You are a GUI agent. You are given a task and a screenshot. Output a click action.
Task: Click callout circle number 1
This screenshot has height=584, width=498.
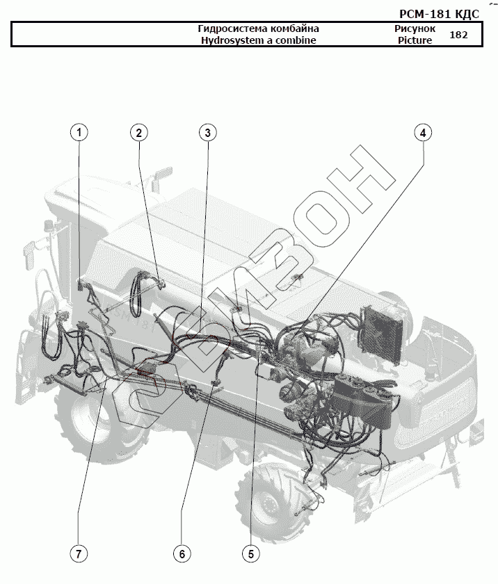79,132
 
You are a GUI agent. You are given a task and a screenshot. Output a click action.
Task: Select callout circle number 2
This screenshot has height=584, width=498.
139,132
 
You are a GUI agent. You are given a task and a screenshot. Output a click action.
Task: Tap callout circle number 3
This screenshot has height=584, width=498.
207,132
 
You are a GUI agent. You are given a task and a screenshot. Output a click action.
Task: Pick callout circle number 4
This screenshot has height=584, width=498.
422,132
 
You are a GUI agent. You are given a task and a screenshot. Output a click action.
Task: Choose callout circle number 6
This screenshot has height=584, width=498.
182,553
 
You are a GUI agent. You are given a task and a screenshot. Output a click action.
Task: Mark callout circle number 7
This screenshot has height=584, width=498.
79,553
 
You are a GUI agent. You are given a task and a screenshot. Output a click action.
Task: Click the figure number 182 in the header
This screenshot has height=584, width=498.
459,35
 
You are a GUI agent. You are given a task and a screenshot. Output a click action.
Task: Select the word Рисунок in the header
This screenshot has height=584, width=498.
415,29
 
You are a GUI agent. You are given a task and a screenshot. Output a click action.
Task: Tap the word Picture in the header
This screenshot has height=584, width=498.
415,40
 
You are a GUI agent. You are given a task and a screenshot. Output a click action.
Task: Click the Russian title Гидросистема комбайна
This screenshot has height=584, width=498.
258,29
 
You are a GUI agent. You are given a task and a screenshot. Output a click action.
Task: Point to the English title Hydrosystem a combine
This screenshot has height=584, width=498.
258,40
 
